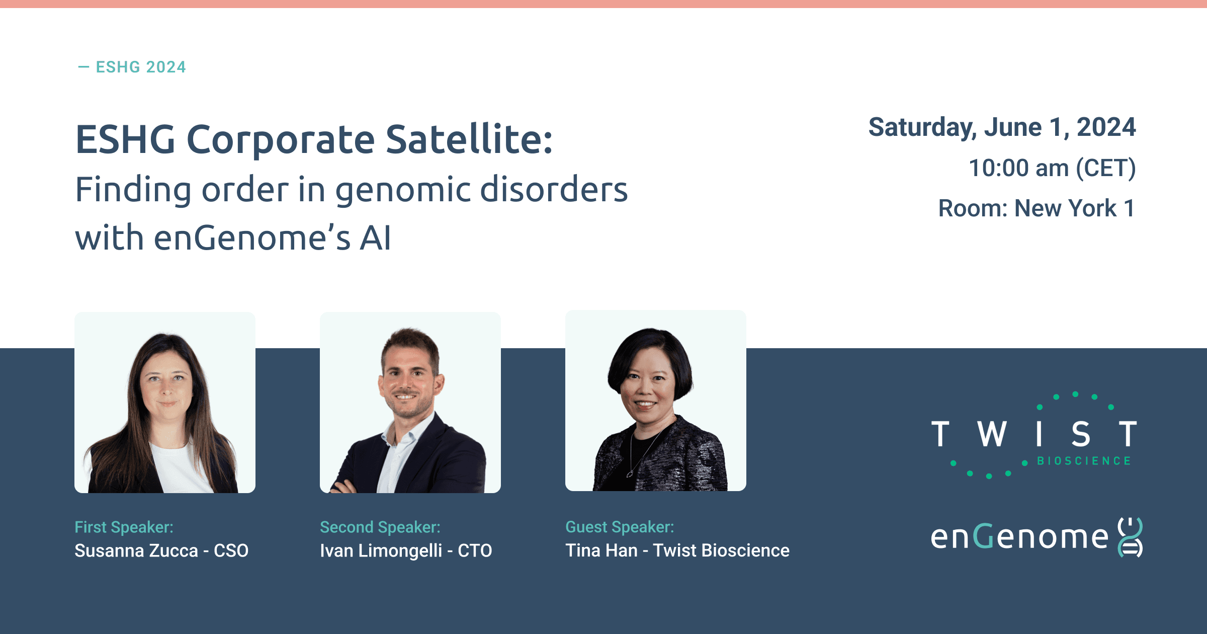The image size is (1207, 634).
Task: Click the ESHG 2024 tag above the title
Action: [x=132, y=67]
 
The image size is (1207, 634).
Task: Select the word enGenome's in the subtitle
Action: [x=252, y=238]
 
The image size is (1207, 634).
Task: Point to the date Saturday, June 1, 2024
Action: [x=1002, y=127]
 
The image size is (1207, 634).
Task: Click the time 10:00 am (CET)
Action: [x=1052, y=168]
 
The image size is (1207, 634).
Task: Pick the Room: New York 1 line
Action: [x=1037, y=208]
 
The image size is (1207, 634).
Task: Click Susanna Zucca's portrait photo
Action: [x=165, y=403]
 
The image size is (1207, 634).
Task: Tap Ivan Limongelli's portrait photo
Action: [x=410, y=403]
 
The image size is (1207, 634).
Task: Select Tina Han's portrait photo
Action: [x=656, y=401]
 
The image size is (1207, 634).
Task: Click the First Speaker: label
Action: [x=124, y=527]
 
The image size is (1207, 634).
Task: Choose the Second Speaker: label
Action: [x=380, y=527]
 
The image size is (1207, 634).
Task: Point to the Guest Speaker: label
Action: [x=620, y=527]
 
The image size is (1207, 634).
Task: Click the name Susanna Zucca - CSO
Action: [x=161, y=550]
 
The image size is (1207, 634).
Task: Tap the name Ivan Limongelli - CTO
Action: [x=406, y=550]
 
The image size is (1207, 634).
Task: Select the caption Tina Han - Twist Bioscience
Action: [x=677, y=550]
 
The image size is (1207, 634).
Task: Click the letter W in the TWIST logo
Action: [x=992, y=434]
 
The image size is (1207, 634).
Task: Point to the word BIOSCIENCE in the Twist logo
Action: [x=1084, y=461]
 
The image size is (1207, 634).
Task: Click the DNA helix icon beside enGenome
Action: [x=1130, y=537]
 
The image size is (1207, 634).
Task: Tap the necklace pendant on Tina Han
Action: [x=630, y=473]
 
